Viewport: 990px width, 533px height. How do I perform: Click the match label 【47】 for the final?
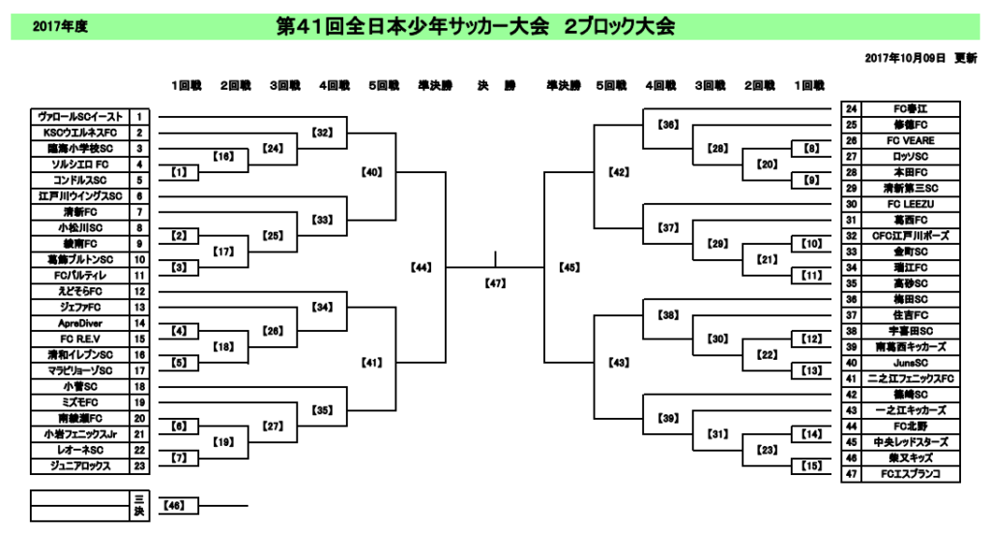pyautogui.click(x=495, y=284)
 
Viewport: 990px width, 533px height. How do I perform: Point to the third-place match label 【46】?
pyautogui.click(x=174, y=505)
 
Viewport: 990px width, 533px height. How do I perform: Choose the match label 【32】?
pyautogui.click(x=323, y=133)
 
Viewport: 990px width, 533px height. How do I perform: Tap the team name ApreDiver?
pyautogui.click(x=80, y=323)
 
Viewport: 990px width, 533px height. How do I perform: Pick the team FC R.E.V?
pyautogui.click(x=80, y=339)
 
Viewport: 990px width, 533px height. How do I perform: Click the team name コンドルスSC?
pyautogui.click(x=80, y=180)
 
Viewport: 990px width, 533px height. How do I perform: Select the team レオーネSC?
pyautogui.click(x=80, y=450)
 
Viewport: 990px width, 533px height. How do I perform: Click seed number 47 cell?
pyautogui.click(x=852, y=474)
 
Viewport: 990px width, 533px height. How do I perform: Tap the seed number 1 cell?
pyautogui.click(x=139, y=117)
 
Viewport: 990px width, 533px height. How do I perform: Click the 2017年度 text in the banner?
pyautogui.click(x=61, y=27)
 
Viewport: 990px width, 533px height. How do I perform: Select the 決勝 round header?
pyautogui.click(x=496, y=86)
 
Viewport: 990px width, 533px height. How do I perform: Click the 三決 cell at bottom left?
pyautogui.click(x=139, y=505)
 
